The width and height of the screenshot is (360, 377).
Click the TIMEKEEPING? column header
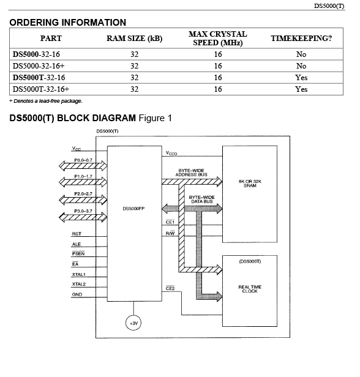[x=301, y=38]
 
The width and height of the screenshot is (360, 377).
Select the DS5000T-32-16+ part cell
[x=40, y=89]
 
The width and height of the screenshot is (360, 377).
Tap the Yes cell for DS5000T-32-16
[x=301, y=77]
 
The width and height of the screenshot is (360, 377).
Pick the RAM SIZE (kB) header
[x=134, y=38]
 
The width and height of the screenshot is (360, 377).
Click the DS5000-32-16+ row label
[x=39, y=66]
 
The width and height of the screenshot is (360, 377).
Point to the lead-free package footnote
[x=46, y=101]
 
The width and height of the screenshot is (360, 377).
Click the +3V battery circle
[x=133, y=323]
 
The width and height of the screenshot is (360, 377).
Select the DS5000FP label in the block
[x=133, y=209]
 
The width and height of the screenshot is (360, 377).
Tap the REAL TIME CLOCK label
[x=250, y=289]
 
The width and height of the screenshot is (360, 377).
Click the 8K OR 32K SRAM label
[x=250, y=184]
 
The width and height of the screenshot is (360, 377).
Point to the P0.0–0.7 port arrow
[x=83, y=166]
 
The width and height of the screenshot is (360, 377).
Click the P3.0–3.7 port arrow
[x=83, y=217]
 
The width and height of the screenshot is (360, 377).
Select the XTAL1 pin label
[x=78, y=274]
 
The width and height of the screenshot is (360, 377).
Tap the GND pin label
[x=77, y=294]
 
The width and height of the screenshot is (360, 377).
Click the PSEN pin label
[x=78, y=253]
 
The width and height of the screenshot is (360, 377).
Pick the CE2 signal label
[x=170, y=288]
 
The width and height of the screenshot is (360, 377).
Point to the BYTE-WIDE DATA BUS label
[x=202, y=200]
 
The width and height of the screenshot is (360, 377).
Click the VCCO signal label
[x=171, y=153]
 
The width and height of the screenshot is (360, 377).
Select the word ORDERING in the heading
[x=34, y=23]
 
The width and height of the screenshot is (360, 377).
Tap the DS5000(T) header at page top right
[x=329, y=6]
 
